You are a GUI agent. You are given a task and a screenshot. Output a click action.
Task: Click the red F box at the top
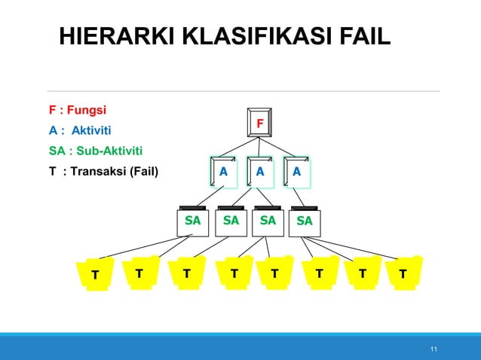click(x=260, y=123)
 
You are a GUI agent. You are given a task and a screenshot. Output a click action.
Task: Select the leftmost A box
click(x=223, y=171)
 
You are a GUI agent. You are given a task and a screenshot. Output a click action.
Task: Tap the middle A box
click(x=259, y=171)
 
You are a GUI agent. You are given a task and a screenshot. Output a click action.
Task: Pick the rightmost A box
click(x=296, y=171)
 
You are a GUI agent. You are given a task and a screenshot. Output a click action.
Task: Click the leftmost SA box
click(x=192, y=221)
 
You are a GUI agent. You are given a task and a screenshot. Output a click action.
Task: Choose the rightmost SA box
click(x=305, y=221)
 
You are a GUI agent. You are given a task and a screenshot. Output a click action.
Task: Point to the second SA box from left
click(x=231, y=221)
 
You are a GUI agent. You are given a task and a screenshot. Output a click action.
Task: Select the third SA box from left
click(x=267, y=221)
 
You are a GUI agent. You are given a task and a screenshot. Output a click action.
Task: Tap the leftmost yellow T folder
click(x=94, y=275)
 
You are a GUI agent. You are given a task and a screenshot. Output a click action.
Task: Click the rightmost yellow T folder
click(x=403, y=273)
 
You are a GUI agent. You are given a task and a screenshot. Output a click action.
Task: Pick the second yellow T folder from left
click(x=139, y=273)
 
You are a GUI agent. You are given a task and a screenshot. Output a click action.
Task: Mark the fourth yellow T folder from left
click(x=234, y=273)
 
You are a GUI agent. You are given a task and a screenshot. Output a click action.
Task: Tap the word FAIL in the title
click(x=363, y=35)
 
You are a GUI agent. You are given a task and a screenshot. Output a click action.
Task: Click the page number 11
click(x=433, y=349)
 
